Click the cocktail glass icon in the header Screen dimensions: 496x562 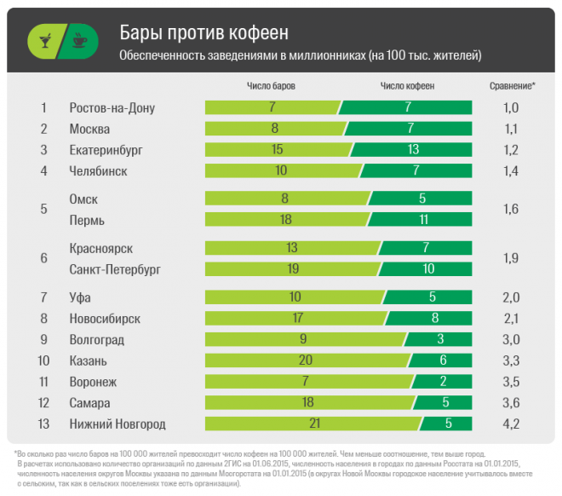tap(42, 40)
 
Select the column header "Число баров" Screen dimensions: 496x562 tap(272, 86)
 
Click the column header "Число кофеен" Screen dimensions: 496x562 tap(407, 86)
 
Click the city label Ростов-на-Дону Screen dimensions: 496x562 tap(112, 108)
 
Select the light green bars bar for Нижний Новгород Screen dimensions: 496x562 tap(312, 424)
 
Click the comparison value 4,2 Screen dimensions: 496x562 tap(511, 424)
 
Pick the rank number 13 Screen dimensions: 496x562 tap(43, 424)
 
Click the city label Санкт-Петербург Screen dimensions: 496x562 tap(115, 269)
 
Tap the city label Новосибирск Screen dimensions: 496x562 tap(105, 319)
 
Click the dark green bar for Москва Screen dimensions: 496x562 tap(410, 129)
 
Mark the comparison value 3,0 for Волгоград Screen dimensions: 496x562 tap(511, 339)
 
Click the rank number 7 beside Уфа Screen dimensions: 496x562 tap(43, 297)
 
